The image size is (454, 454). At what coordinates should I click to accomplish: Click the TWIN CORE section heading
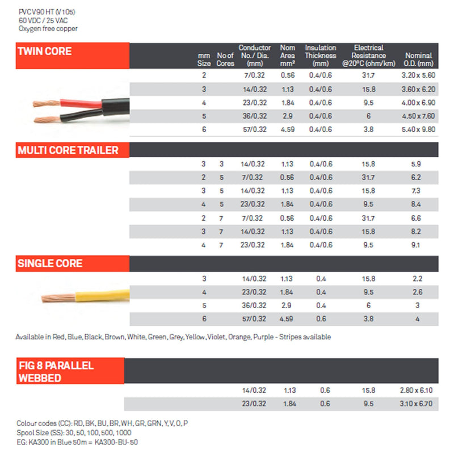pyautogui.click(x=45, y=51)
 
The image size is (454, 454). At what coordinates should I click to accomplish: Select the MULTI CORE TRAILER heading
pyautogui.click(x=68, y=150)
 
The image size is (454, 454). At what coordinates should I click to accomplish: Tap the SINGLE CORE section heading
pyautogui.click(x=50, y=263)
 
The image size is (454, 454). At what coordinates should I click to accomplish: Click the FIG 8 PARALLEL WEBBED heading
pyautogui.click(x=56, y=371)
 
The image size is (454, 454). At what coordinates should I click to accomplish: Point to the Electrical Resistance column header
pyautogui.click(x=368, y=56)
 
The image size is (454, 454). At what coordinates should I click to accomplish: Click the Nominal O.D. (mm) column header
pyautogui.click(x=419, y=59)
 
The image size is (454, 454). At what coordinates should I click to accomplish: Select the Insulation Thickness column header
pyautogui.click(x=321, y=56)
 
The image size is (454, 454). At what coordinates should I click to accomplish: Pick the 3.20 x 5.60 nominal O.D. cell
pyautogui.click(x=419, y=75)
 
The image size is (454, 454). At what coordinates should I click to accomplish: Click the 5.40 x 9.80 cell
pyautogui.click(x=419, y=129)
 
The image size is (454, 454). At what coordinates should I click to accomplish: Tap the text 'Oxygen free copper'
pyautogui.click(x=48, y=28)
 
